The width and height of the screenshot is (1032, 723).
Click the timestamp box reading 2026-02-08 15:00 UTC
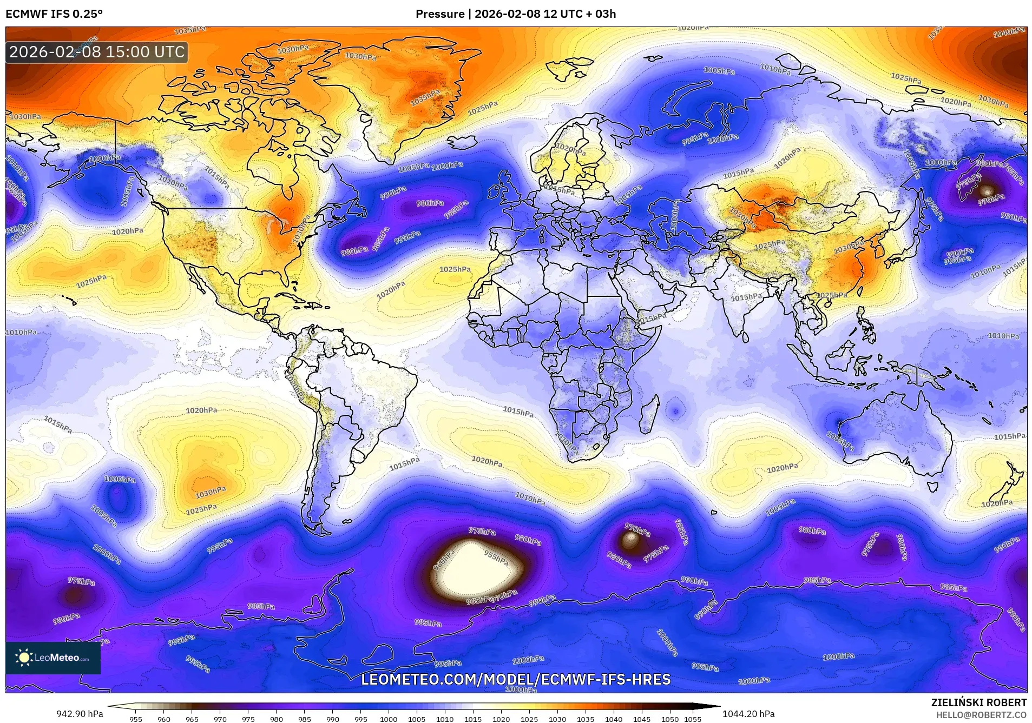[97, 52]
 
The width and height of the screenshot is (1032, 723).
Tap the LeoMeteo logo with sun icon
[53, 658]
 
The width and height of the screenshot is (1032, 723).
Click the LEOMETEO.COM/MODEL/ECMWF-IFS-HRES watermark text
[516, 679]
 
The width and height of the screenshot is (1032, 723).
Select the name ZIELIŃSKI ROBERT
[978, 702]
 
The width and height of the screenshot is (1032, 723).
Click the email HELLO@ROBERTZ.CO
[981, 715]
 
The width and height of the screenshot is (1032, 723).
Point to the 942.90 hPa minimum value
[80, 714]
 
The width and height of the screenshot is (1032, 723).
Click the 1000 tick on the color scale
[389, 719]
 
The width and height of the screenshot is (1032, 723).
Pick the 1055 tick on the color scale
[692, 719]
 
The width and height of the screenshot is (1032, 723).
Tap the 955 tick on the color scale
[136, 719]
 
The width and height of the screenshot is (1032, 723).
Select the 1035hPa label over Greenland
[425, 98]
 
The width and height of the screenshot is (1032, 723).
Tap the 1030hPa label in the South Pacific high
[211, 492]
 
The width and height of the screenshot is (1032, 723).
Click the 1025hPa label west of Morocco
[455, 269]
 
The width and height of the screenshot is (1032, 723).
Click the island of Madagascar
[650, 414]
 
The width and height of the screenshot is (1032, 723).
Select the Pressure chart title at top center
[515, 14]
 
